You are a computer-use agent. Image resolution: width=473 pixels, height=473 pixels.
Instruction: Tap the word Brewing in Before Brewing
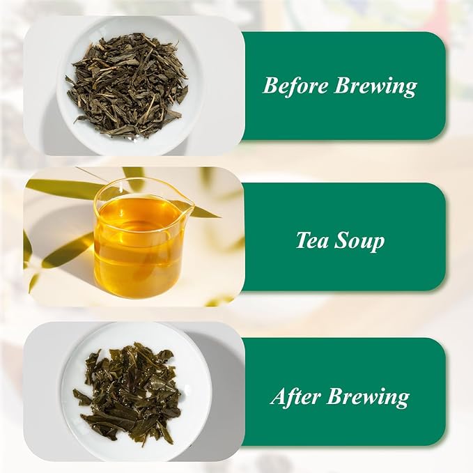tap(375, 87)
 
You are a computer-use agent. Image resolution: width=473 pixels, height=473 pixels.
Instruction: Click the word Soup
tap(359, 242)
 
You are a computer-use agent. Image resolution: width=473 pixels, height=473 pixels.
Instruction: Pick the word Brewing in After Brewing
tap(368, 397)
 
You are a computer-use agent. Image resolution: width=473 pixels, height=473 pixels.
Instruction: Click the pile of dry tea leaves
tap(127, 86)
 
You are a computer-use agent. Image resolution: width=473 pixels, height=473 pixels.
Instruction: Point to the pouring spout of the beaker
tap(189, 206)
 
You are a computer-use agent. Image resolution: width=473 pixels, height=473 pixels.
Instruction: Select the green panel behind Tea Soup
tap(343, 237)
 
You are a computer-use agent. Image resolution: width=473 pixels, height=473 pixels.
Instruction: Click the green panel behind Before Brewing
tap(343, 86)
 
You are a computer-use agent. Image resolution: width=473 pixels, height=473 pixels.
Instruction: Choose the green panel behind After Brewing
tap(343, 391)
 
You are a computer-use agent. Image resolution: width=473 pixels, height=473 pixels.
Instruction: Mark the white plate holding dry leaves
tap(130, 85)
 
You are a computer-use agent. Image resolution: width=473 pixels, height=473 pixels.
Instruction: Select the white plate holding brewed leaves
tap(137, 392)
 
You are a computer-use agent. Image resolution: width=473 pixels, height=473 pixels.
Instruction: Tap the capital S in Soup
tap(342, 240)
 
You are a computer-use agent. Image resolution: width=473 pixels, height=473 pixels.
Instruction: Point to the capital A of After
tap(279, 396)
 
